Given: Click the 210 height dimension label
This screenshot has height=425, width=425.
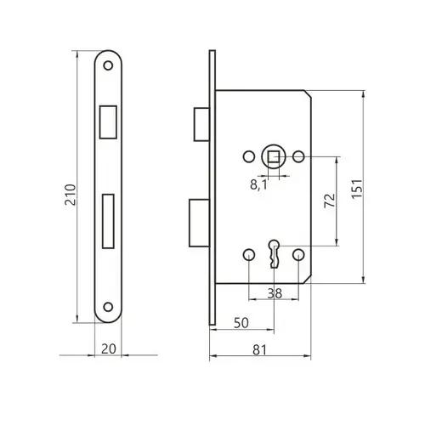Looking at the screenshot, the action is coord(71,195).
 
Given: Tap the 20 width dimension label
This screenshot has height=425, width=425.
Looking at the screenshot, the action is coord(109,348).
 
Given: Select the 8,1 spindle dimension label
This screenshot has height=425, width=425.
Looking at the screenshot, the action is coord(258,185).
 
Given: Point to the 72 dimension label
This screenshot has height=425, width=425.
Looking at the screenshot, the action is coord(330,201).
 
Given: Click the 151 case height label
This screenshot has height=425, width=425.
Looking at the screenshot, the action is coord(357,189).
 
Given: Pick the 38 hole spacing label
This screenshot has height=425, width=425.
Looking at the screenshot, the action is coord(275,293).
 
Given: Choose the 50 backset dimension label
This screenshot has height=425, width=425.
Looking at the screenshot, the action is coord(241,323).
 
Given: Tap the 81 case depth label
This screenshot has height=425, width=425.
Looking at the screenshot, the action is coord(259,350).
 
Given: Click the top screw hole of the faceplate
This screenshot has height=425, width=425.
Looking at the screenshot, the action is coord(108,65).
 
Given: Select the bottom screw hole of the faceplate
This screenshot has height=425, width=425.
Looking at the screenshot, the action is coord(108,307).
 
